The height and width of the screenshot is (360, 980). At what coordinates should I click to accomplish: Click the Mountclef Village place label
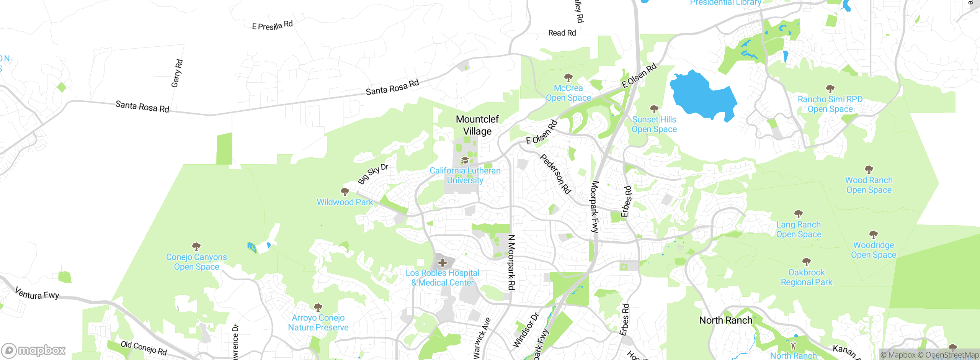477,125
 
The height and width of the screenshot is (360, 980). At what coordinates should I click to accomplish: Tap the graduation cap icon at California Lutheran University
465,160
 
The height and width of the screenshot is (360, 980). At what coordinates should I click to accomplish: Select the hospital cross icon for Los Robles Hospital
443,263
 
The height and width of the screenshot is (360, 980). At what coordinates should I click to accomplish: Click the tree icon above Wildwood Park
345,191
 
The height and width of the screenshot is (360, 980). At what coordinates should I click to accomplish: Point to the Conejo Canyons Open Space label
196,262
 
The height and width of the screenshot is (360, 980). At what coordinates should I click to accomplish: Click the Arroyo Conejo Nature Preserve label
318,322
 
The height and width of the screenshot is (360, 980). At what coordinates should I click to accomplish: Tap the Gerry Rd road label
177,73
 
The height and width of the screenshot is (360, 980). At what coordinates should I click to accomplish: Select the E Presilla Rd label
272,26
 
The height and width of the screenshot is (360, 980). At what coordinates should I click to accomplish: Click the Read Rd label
562,33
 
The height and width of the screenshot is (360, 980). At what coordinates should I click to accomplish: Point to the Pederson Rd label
555,174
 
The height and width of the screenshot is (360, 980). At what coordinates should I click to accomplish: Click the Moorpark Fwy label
594,206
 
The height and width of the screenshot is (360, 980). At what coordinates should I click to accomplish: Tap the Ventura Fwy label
37,294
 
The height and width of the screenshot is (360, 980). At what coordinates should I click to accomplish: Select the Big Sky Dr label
373,173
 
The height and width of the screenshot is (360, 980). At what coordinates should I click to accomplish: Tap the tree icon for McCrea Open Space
568,78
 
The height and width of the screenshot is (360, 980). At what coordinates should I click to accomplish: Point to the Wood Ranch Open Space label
869,185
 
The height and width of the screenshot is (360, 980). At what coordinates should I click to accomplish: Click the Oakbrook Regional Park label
806,277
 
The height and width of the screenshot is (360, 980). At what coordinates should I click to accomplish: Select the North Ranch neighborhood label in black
725,320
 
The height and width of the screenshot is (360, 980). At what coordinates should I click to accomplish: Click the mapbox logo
34,350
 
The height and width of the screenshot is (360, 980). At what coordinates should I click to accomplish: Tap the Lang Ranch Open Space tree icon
798,214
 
